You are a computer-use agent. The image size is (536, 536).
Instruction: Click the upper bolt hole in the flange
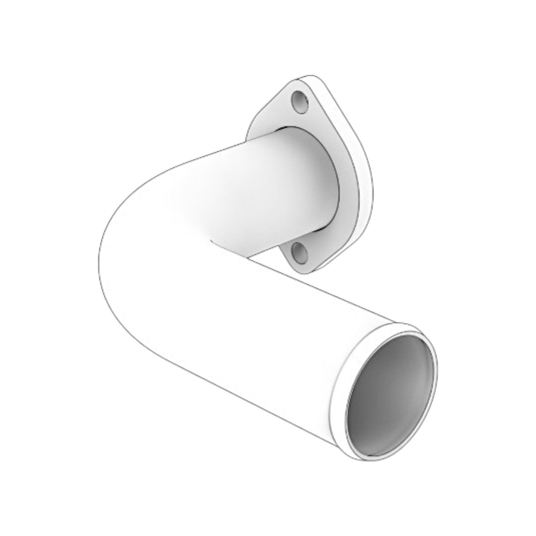[300, 102]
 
